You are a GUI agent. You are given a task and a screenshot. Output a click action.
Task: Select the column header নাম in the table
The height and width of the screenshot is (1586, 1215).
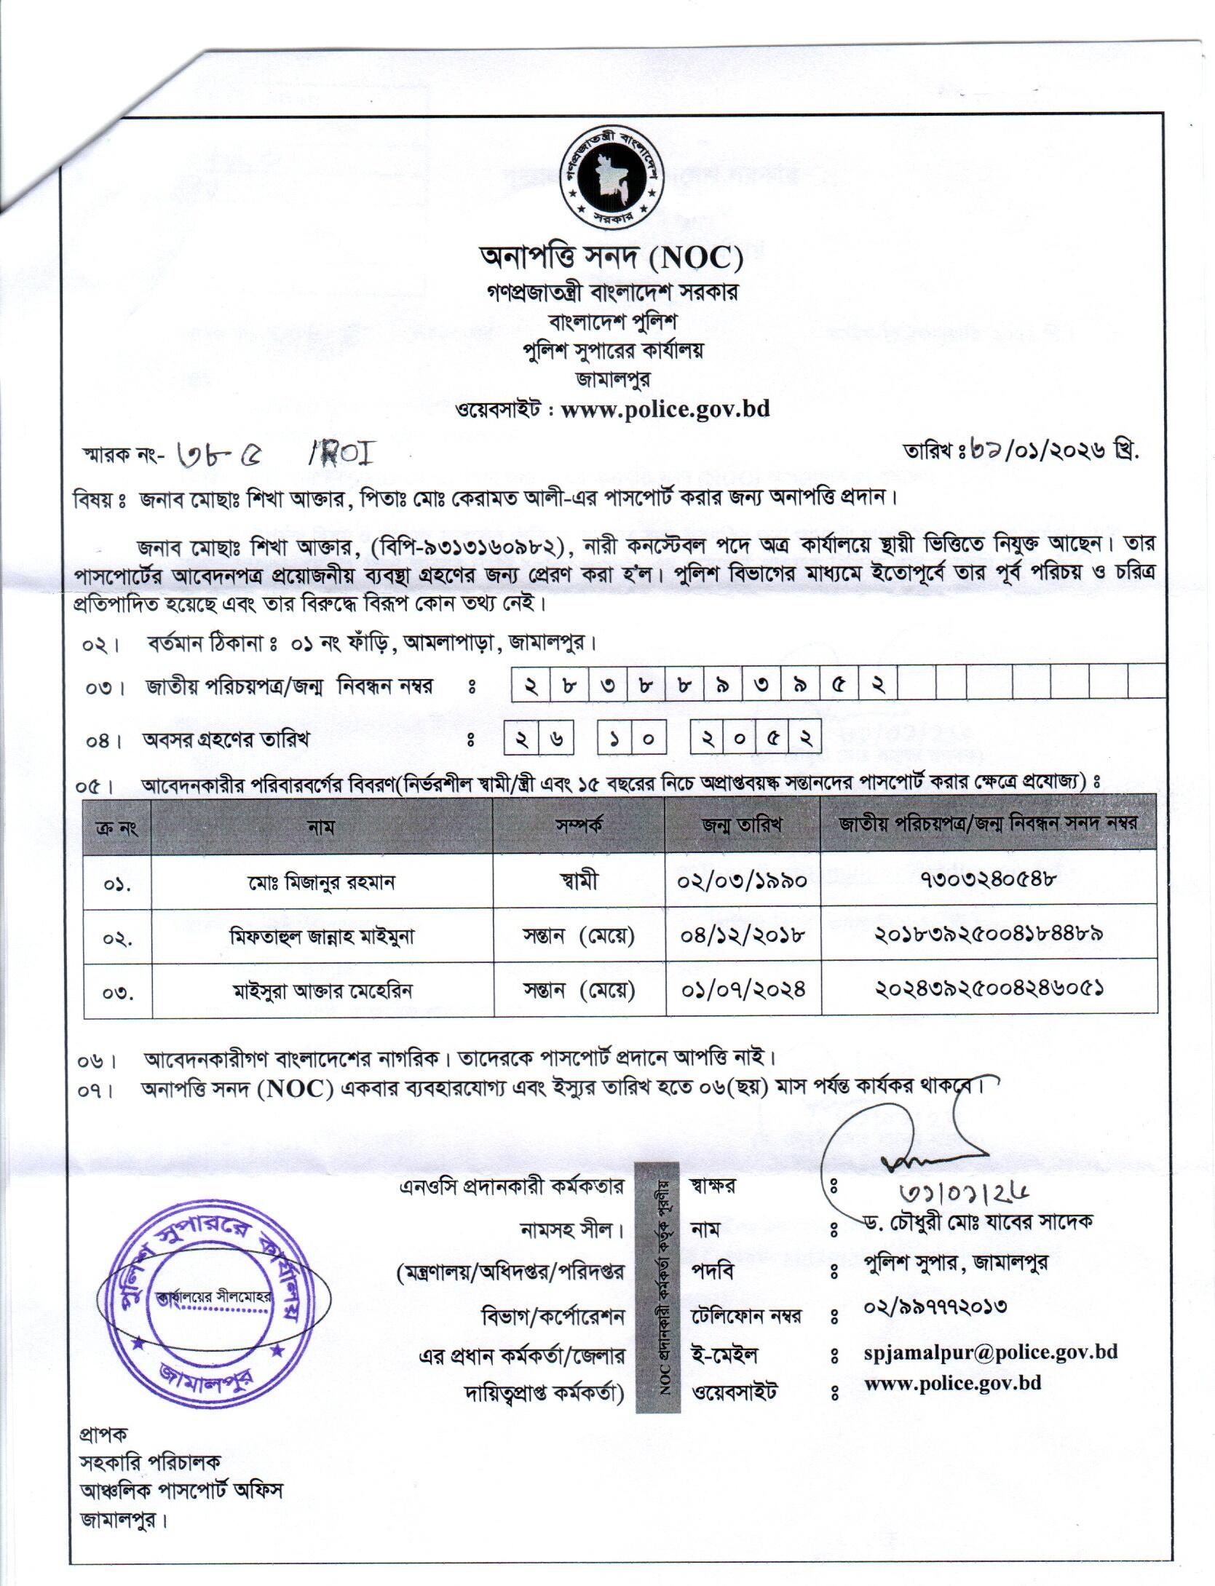point(321,826)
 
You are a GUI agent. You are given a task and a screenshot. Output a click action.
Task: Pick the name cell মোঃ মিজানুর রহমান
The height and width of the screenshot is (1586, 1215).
point(321,881)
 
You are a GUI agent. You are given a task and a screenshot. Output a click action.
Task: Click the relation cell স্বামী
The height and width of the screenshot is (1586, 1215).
point(579,881)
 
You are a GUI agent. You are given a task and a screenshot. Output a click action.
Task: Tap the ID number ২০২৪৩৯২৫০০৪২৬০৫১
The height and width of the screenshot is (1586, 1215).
point(988,989)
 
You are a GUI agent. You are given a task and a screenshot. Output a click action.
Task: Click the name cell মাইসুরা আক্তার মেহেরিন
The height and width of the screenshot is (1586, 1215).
point(321,991)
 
